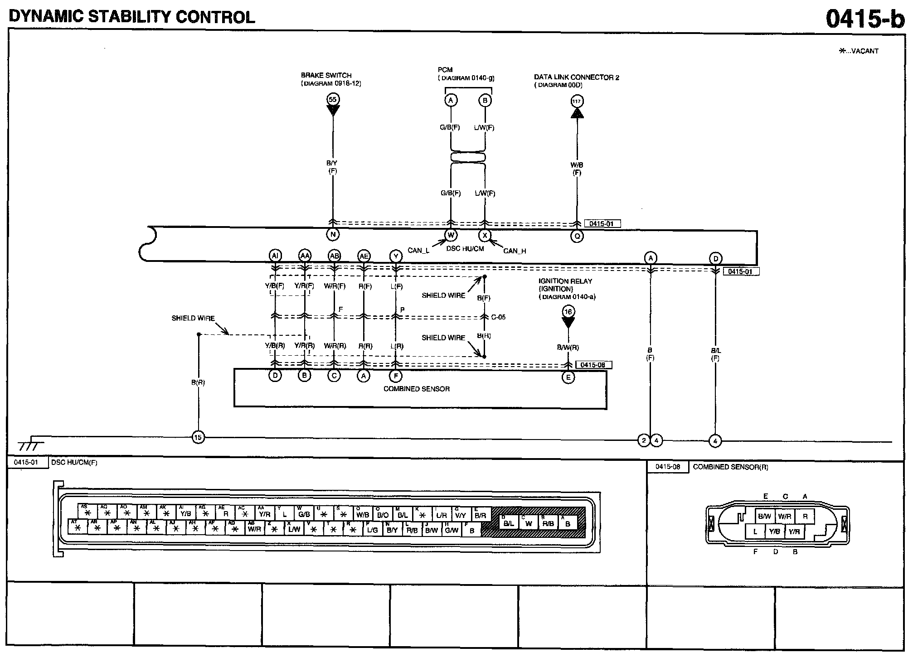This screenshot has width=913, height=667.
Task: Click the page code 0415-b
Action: (864, 19)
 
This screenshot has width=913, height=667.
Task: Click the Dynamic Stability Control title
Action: (132, 17)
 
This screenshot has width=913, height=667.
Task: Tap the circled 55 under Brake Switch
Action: (333, 100)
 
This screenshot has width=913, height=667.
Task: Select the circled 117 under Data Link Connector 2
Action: (577, 101)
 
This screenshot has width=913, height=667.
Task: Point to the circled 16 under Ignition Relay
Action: (568, 311)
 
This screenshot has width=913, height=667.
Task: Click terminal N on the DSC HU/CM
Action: (333, 234)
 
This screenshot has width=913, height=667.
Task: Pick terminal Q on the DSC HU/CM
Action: (577, 236)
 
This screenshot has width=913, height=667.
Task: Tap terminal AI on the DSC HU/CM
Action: (275, 256)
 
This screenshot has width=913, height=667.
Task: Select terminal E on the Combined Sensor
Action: (568, 377)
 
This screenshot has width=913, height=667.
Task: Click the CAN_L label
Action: (418, 250)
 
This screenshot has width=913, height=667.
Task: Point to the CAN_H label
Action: (515, 251)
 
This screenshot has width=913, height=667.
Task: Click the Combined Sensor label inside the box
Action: (417, 389)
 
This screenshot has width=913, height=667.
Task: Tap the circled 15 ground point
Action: (198, 437)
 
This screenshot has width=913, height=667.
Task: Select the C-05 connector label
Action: (498, 317)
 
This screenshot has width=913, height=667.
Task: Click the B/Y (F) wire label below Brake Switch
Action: (332, 167)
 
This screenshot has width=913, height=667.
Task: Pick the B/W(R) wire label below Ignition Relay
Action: (568, 348)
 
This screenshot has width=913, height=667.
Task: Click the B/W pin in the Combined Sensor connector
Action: (764, 516)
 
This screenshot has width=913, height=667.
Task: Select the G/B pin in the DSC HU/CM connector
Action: (304, 514)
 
